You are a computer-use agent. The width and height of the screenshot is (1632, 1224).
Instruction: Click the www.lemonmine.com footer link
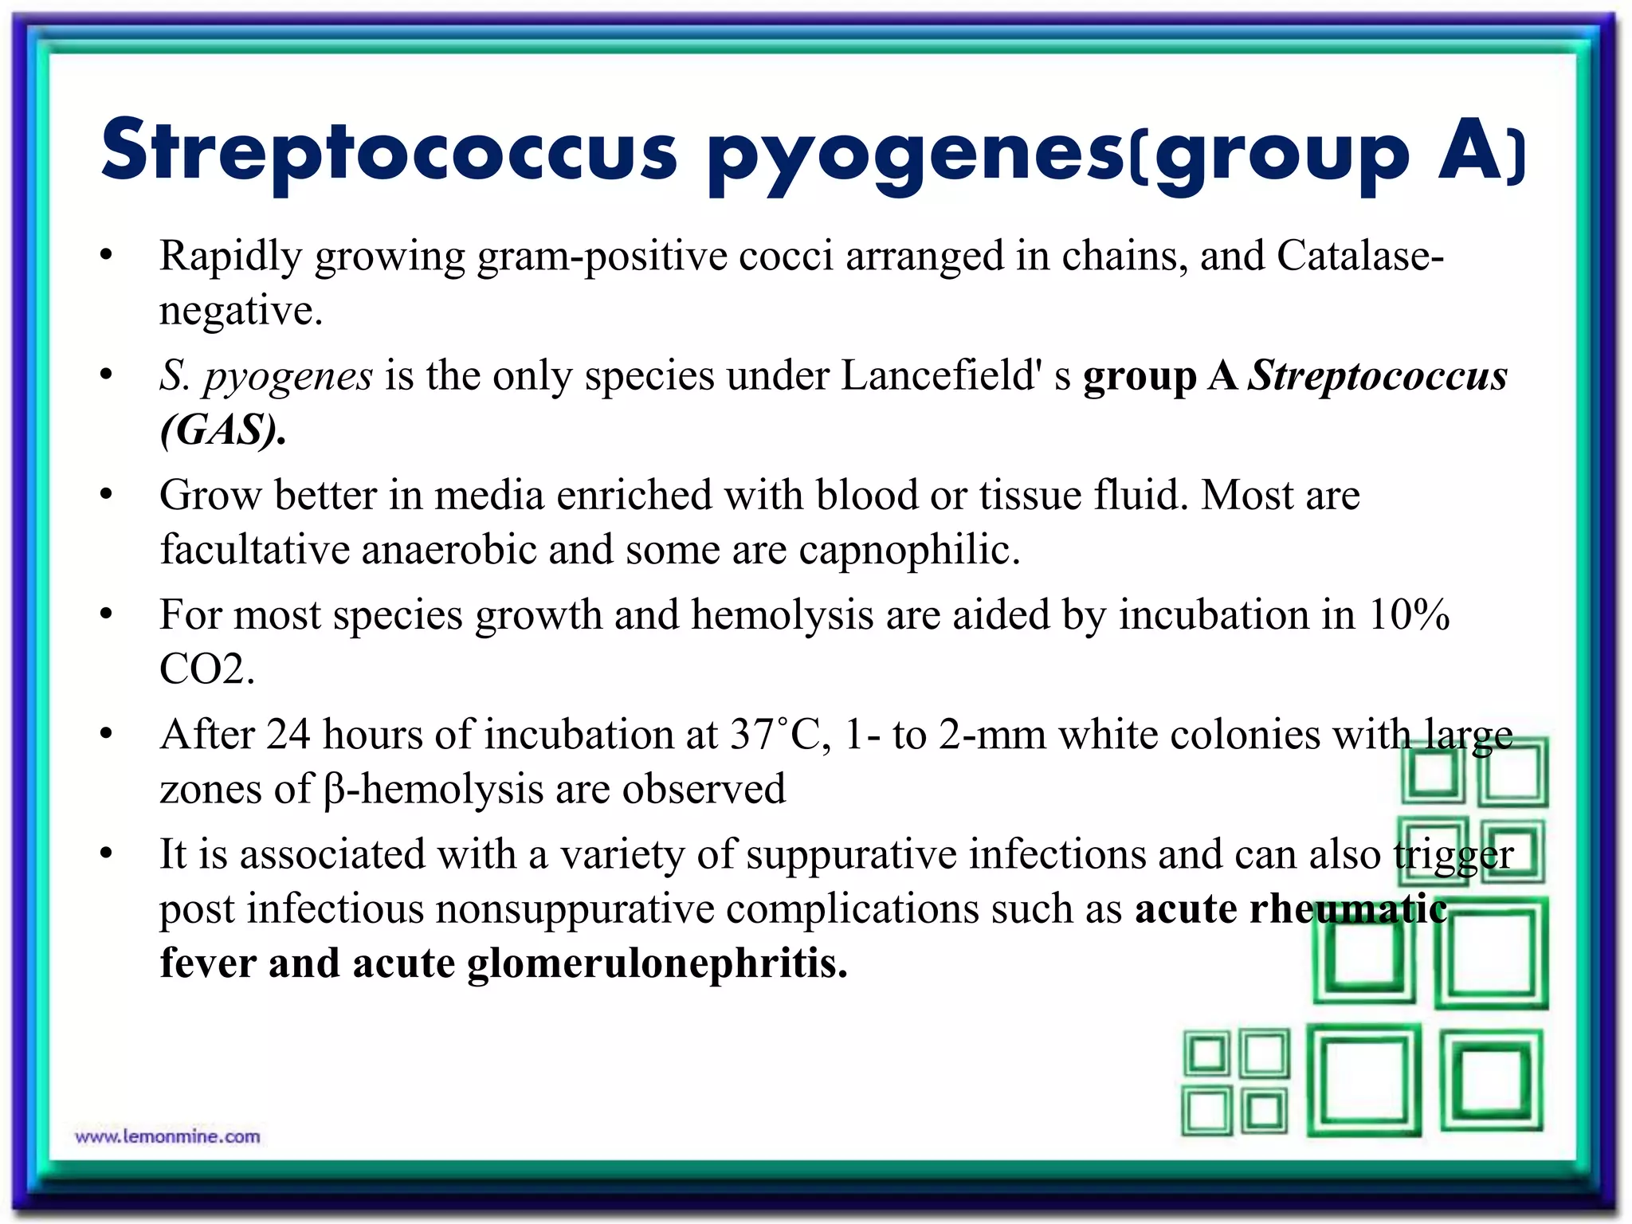point(167,1136)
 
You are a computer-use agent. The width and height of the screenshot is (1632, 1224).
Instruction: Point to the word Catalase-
point(1360,256)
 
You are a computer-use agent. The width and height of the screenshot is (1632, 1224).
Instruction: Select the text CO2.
point(206,669)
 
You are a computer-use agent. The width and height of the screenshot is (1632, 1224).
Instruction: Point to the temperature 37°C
point(775,734)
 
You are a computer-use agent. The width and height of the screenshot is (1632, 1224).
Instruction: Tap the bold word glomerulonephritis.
point(657,963)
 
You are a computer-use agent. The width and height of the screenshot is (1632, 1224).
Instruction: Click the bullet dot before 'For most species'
point(106,614)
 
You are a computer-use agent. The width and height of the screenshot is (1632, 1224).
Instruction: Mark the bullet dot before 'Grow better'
point(106,495)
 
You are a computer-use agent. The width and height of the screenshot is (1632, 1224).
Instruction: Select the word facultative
point(255,550)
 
